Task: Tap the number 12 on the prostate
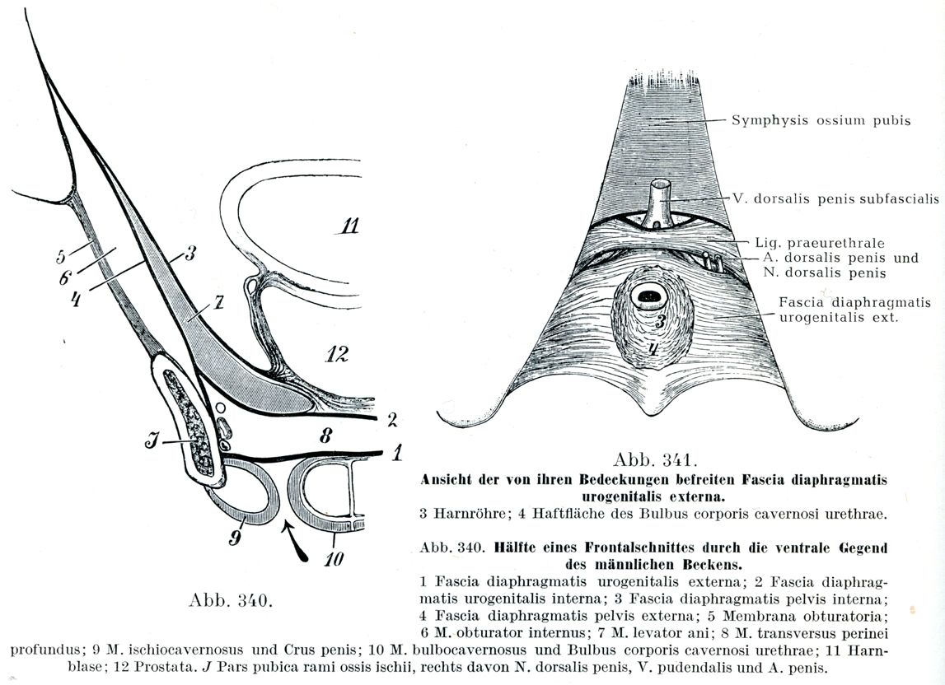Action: [336, 354]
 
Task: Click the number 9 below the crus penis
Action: [235, 538]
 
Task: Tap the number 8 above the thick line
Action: [325, 436]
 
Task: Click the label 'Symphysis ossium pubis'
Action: [821, 120]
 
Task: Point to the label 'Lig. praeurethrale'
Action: [819, 243]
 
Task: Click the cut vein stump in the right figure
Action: [657, 202]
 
